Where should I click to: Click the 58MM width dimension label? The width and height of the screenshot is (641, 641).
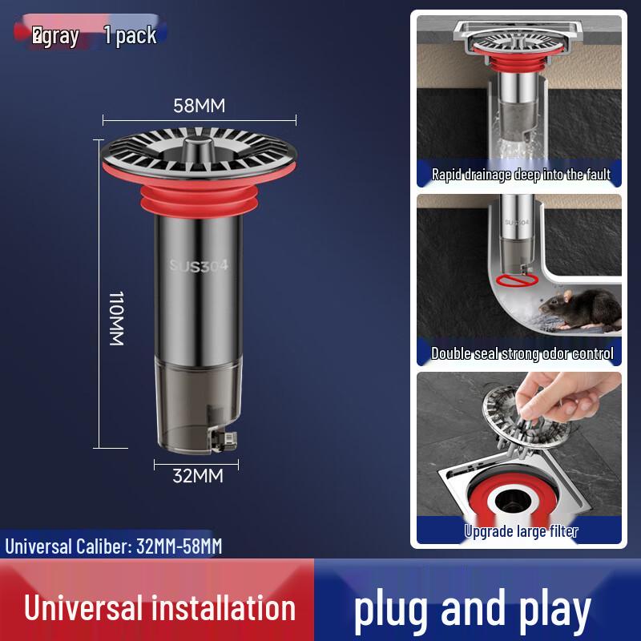click(200, 106)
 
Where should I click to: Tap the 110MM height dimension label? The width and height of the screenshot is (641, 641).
click(116, 318)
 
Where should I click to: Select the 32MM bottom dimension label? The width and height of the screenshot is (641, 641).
click(198, 475)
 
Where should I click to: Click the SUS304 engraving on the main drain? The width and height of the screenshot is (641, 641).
click(199, 267)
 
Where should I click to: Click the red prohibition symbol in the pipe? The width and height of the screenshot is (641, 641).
click(511, 280)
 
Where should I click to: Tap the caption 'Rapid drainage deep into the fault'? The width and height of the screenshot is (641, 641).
click(520, 175)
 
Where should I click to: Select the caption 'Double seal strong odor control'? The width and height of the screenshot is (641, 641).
click(522, 353)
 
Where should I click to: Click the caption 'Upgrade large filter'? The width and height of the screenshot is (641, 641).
click(521, 530)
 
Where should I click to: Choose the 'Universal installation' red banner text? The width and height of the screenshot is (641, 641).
click(159, 608)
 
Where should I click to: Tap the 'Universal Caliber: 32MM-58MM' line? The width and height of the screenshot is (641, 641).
click(114, 547)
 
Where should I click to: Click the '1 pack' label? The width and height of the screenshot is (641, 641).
click(130, 36)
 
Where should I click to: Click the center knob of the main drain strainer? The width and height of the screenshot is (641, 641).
click(198, 145)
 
